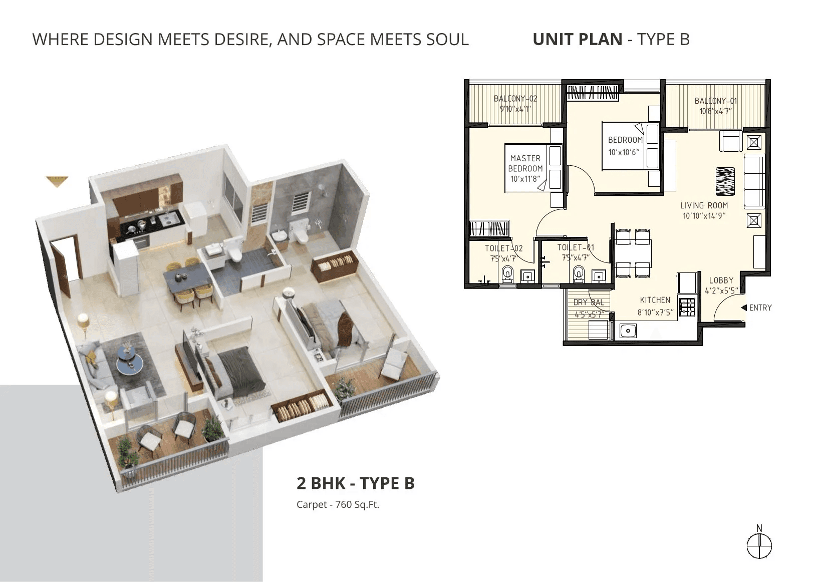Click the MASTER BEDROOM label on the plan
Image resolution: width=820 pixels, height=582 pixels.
coord(526,163)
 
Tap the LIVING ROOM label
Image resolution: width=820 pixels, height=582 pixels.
coord(704,205)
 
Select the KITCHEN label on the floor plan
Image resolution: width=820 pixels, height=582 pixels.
coord(655,300)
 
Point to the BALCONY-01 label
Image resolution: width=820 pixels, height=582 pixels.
coord(716,101)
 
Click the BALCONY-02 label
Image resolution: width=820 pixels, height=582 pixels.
coord(515,99)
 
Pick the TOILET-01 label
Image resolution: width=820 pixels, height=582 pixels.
coord(576,247)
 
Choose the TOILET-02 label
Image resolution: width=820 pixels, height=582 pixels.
coord(503,248)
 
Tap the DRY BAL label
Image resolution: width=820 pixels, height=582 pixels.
coord(589,303)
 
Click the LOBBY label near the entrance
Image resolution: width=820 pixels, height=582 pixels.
coord(721,280)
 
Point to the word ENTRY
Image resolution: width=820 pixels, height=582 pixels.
coord(760,308)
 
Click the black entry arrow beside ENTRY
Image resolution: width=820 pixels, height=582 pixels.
coord(744,308)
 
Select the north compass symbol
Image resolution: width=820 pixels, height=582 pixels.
coord(759,545)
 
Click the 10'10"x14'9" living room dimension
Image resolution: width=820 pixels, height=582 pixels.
coord(704,216)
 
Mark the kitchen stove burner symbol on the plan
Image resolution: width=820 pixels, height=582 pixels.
coord(687,307)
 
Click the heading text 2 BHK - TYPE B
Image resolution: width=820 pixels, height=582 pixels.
coord(356,483)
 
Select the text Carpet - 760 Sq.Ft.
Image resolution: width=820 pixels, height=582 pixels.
coord(338,504)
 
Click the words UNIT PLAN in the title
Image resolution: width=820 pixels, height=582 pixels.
coord(577,39)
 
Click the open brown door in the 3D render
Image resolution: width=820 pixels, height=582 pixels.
coord(65,260)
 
